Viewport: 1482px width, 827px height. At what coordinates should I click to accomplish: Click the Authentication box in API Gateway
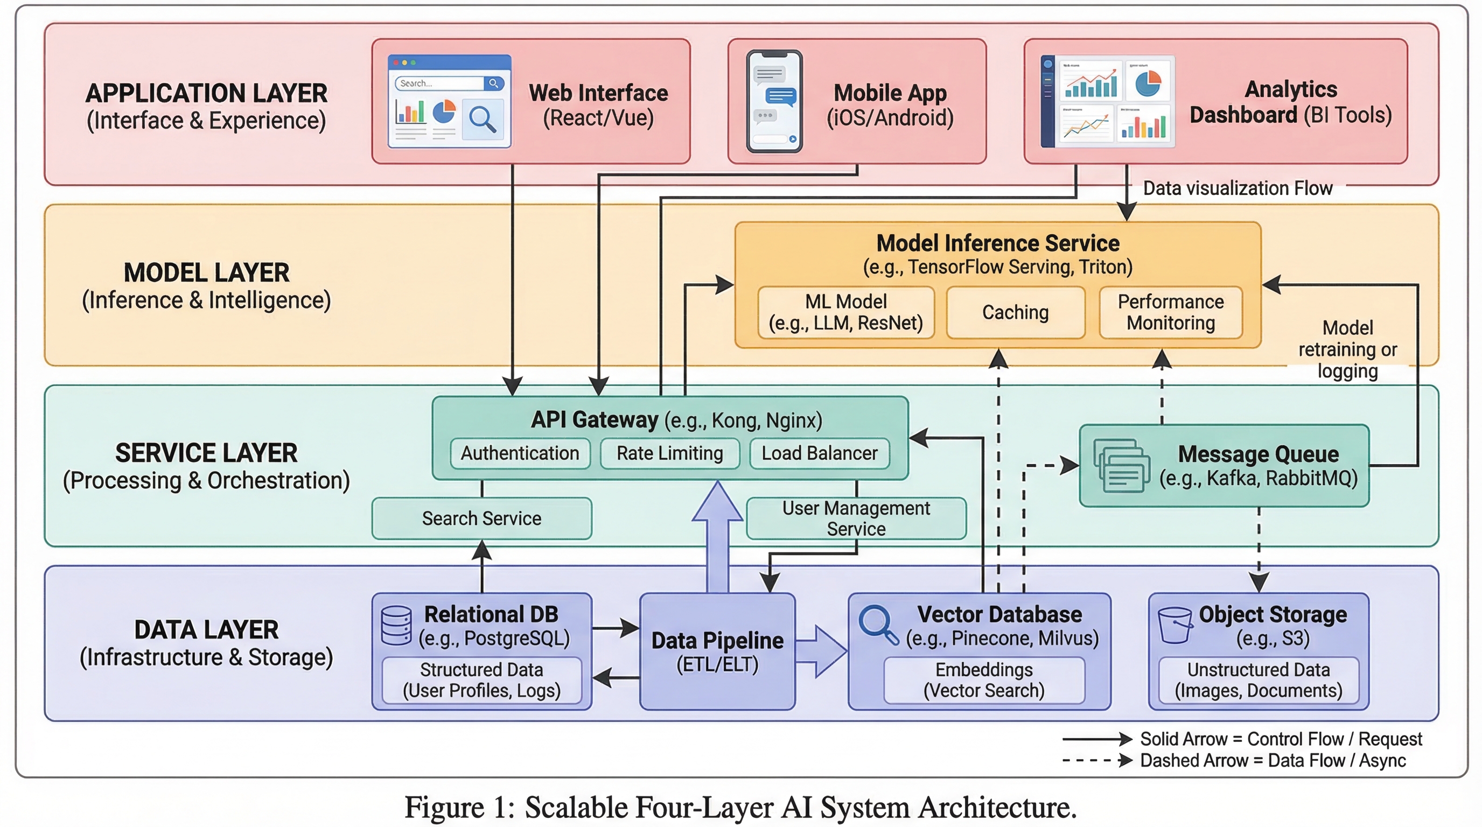520,453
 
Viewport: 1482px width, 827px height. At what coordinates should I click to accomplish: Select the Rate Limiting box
670,453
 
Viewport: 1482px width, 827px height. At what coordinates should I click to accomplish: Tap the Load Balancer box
819,453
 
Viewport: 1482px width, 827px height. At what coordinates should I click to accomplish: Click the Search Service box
481,518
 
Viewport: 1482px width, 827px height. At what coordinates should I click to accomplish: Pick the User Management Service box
856,518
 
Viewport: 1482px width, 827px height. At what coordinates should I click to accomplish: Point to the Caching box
1016,312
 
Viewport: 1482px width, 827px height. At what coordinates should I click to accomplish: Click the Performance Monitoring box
1170,312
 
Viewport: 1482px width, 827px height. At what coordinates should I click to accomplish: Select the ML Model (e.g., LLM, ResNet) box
845,312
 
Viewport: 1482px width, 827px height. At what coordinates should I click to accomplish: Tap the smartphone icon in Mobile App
774,101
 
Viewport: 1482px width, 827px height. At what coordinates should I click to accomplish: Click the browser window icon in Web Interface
449,101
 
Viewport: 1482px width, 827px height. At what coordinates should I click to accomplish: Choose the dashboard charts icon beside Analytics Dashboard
1108,101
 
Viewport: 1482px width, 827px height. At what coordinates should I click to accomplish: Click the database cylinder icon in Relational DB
396,625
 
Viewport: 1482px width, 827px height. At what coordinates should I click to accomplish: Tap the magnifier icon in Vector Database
877,625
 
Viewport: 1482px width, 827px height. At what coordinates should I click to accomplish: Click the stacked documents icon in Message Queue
1121,465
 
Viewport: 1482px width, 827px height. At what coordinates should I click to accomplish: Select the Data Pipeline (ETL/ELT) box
717,651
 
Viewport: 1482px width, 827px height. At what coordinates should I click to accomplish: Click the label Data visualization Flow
1237,188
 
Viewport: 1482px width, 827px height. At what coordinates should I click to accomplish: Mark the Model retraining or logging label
1347,349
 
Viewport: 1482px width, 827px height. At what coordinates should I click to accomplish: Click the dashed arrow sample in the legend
1096,760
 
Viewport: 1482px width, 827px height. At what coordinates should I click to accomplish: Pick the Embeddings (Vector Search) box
984,680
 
